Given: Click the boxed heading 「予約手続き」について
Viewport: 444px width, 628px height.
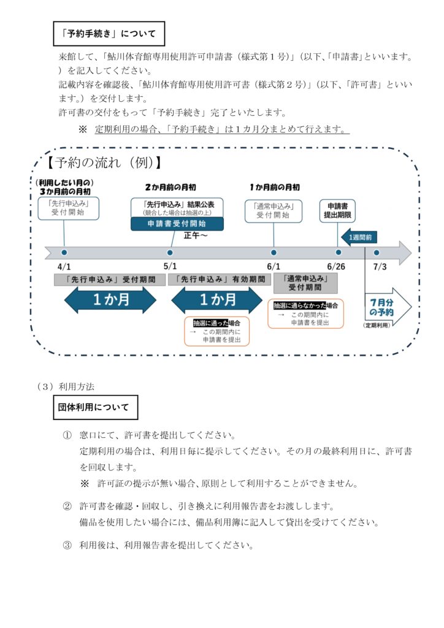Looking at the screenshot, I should [x=109, y=34].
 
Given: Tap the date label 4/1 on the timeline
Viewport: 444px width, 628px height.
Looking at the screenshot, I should [x=64, y=266].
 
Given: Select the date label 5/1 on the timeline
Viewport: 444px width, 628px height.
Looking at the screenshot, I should [x=170, y=266].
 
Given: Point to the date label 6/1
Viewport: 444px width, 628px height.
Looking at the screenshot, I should [x=274, y=266].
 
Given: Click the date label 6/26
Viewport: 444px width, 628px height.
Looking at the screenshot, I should [x=338, y=266].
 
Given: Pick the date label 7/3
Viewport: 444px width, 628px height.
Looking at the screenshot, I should [x=380, y=266].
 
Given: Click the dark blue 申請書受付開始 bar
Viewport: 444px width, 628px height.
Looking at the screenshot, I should [x=177, y=224].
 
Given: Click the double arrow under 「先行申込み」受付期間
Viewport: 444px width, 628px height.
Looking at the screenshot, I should [x=110, y=301].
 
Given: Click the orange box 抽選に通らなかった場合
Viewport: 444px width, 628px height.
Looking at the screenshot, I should [x=306, y=313].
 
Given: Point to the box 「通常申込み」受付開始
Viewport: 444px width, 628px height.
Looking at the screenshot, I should [x=274, y=210].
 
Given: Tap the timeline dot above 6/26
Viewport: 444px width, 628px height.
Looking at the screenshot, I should [x=338, y=252].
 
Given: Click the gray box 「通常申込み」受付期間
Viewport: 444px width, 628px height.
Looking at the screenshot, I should [x=306, y=283].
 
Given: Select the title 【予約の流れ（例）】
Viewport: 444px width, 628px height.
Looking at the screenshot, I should [x=104, y=163].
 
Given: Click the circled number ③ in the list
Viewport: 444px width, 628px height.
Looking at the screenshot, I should [x=67, y=545].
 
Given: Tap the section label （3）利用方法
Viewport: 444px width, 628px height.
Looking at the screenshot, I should [x=66, y=386].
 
